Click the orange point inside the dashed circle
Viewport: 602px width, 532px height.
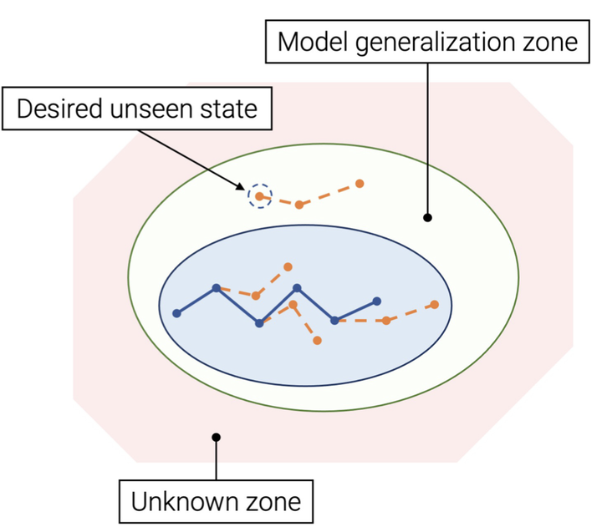[260, 196]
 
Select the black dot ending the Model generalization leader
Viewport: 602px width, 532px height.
[427, 218]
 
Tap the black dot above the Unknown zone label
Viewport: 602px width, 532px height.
[216, 437]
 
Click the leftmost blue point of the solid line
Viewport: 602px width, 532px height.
[176, 313]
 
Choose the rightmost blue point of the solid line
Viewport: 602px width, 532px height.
[376, 301]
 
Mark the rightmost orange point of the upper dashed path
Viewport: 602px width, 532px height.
[360, 183]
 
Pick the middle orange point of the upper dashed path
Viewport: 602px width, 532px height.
[298, 205]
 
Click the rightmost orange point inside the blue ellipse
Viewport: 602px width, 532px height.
[434, 304]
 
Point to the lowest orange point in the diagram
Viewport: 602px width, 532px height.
[317, 340]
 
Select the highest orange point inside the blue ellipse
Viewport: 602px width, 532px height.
[288, 267]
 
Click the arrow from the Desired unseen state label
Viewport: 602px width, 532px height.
[213, 158]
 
